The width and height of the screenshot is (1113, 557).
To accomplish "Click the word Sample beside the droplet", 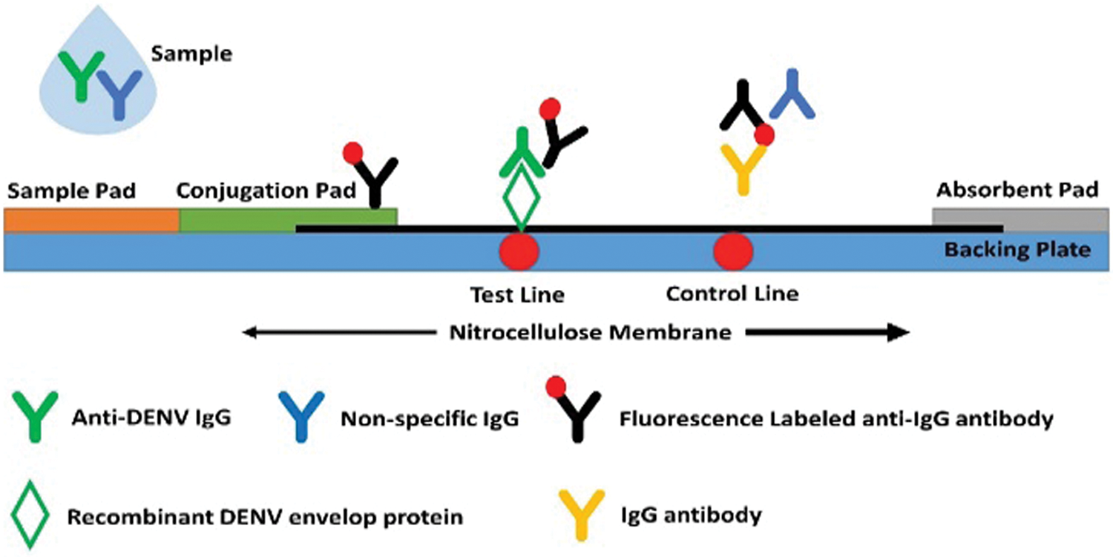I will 191,53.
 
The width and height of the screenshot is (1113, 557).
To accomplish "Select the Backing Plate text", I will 1017,251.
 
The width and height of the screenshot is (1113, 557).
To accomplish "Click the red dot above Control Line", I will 733,251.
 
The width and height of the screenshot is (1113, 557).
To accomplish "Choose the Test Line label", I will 518,295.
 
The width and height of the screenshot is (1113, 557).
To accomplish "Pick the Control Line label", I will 732,294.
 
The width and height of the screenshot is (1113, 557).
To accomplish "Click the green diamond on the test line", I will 521,197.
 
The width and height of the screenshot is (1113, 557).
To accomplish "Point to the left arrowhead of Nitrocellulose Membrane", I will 249,333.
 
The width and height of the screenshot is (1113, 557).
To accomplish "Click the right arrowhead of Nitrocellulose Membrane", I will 902,333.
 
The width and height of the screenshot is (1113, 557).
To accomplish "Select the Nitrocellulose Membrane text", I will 591,333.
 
